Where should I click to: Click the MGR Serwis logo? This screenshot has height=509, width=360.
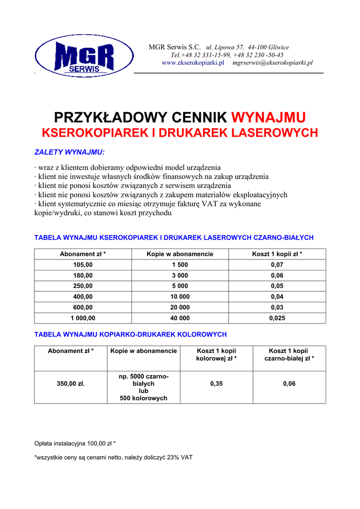pos(84,56)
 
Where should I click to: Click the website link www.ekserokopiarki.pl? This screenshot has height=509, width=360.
pos(193,63)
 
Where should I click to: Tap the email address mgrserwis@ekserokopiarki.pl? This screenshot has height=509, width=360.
pos(272,63)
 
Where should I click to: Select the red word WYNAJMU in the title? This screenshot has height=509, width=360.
pos(269,118)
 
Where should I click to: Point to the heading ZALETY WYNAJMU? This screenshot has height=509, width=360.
pos(69,152)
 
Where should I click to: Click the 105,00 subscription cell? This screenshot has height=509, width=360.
pos(83,265)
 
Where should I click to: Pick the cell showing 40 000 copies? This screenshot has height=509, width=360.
pos(180,318)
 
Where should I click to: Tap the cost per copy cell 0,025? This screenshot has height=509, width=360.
pos(277,318)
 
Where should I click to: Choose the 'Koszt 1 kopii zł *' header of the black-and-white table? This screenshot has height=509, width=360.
pos(277,254)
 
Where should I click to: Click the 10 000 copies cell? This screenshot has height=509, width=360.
pos(180,297)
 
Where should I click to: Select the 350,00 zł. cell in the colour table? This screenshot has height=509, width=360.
pos(71,384)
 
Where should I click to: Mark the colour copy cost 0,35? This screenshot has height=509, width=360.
pos(216,384)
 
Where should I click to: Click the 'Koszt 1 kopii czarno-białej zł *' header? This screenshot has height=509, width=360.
pos(289,354)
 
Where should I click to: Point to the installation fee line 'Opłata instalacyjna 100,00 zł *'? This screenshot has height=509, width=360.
pos(75,443)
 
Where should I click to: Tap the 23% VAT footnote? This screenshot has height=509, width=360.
pos(113,457)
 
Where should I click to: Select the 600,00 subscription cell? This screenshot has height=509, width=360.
pos(83,307)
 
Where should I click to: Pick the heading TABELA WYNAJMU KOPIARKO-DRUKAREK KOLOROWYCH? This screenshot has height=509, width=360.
pos(130,335)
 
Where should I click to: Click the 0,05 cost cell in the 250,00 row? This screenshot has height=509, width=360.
pos(277,286)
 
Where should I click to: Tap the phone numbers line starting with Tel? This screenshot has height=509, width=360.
pos(227,55)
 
